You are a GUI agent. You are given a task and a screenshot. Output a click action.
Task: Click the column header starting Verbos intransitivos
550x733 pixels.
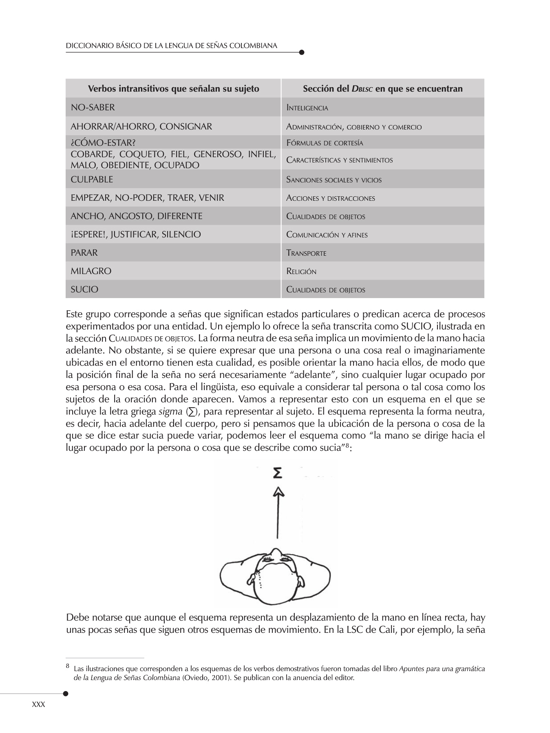(173, 89)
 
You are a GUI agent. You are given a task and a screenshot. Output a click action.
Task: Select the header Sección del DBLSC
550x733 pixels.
(382, 89)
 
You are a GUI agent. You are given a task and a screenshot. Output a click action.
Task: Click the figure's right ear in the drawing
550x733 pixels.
(302, 582)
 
